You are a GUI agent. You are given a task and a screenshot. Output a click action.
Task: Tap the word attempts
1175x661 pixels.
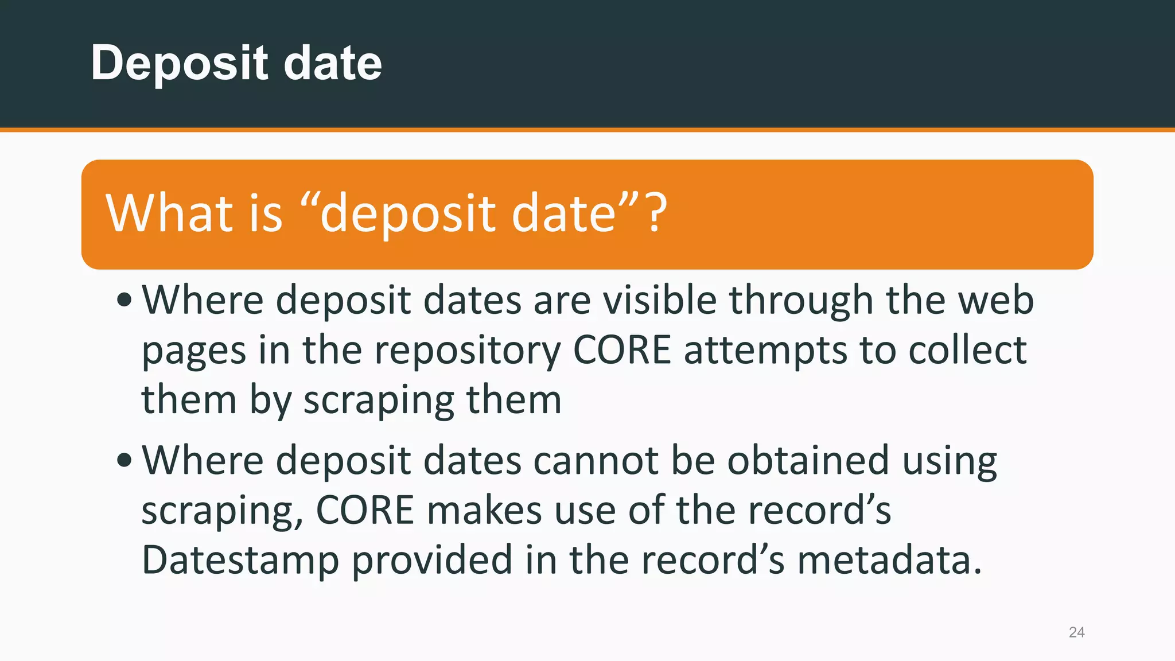click(765, 351)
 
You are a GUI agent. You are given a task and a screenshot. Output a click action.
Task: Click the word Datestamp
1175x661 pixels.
click(240, 561)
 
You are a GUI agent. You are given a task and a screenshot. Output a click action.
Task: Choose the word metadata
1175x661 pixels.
click(890, 561)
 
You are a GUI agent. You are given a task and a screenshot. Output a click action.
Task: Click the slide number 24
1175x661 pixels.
click(1076, 632)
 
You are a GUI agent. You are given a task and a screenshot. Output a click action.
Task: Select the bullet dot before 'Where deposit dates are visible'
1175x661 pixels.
click(124, 300)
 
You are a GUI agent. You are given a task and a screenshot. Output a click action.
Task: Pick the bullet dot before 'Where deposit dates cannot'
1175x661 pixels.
click(124, 460)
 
